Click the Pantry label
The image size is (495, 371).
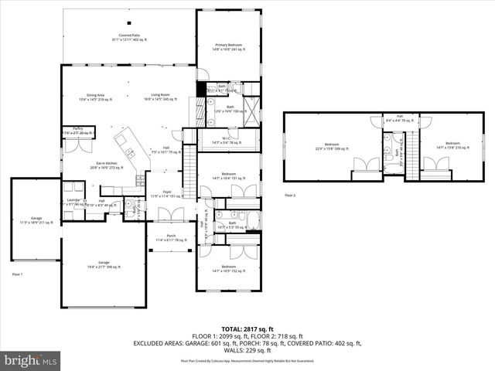[x=77, y=131]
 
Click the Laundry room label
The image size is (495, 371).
[x=73, y=203]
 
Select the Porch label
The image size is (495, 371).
[x=171, y=238]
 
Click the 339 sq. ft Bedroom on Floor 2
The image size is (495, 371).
[x=332, y=145]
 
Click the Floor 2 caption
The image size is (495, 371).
[x=290, y=196]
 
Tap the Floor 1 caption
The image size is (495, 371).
[x=18, y=274]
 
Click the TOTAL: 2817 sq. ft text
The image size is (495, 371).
[x=247, y=328]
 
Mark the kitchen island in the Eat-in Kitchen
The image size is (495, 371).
[x=125, y=147]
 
